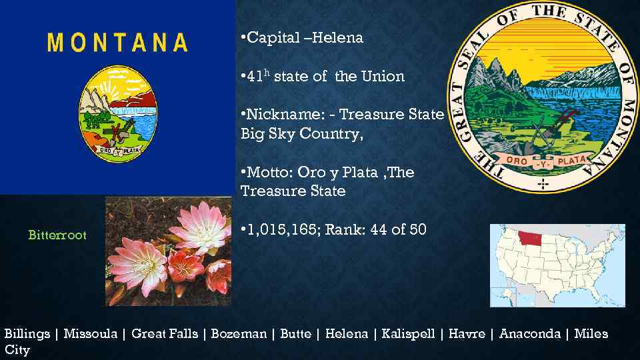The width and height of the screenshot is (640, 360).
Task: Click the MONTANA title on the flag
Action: click(x=118, y=43)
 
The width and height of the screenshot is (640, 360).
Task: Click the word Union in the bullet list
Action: click(x=383, y=77)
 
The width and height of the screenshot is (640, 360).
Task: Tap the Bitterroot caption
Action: click(x=57, y=235)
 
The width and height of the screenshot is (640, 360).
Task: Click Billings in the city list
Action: click(x=27, y=334)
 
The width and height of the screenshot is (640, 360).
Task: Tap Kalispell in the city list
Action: click(x=408, y=334)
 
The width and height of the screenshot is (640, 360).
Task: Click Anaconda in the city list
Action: click(x=530, y=334)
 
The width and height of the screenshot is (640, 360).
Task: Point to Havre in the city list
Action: click(x=467, y=334)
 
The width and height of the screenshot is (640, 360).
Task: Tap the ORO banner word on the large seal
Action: click(x=517, y=161)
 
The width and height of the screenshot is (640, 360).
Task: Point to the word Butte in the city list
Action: click(x=295, y=334)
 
